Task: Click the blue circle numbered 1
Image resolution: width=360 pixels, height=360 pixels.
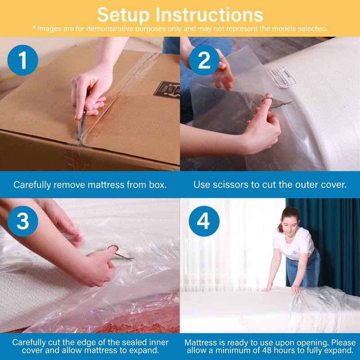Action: tap(23, 60)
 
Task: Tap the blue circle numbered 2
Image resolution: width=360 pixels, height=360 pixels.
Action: tap(204, 60)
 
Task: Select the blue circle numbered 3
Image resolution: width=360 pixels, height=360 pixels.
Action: tap(23, 221)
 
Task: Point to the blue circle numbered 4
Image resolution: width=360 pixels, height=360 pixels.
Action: tap(204, 221)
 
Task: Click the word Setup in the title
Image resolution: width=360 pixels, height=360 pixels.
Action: tap(122, 14)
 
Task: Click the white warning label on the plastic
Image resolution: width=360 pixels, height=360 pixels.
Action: tap(280, 74)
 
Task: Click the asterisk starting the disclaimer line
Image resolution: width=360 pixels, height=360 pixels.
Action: tap(33, 28)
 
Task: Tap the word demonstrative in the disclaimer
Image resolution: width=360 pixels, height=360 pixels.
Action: tap(120, 28)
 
